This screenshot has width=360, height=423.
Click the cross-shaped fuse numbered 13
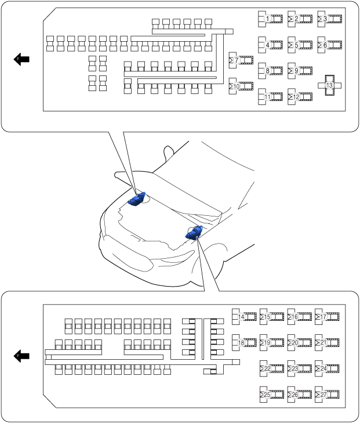(329, 85)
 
